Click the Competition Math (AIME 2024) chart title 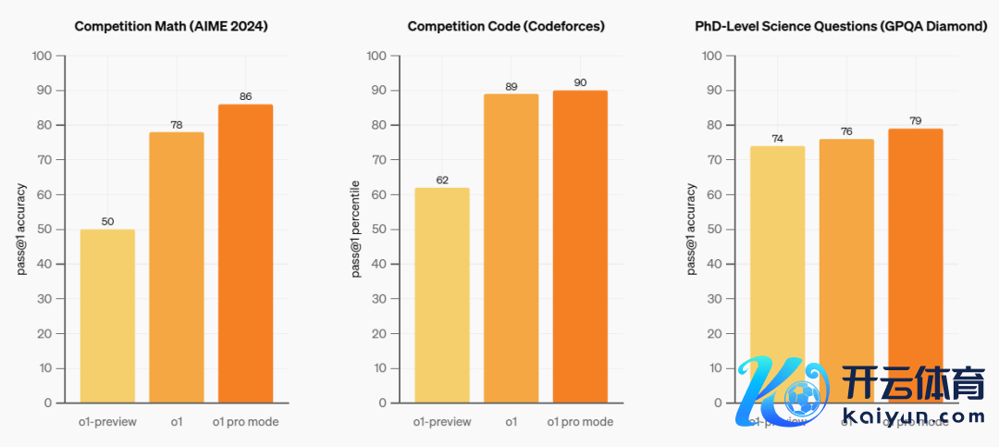171,27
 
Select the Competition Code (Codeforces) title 506,27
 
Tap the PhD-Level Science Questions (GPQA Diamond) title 841,27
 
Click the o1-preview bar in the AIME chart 107,316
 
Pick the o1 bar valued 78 176,267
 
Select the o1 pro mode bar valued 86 245,254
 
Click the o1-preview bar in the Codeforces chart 442,295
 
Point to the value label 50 107,222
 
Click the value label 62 442,180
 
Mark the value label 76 846,131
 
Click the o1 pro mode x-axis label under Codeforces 580,422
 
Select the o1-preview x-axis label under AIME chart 107,422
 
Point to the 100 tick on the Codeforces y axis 376,56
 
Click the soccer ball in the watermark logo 802,399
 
